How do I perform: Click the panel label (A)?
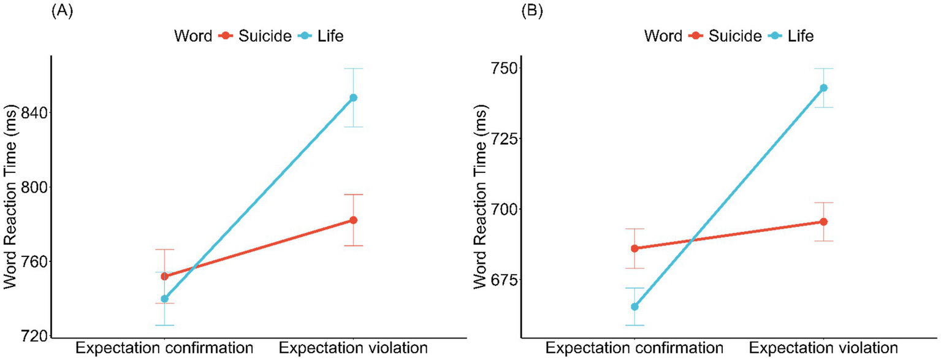(x=62, y=12)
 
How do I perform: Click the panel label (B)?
(x=532, y=12)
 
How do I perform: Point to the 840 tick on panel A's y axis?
(x=34, y=113)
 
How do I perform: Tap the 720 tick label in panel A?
(x=34, y=336)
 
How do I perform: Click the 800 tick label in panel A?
(x=34, y=187)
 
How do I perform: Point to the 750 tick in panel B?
(x=504, y=67)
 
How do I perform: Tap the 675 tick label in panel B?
(x=504, y=280)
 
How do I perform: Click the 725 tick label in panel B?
(x=504, y=138)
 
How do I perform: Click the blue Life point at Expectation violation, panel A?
(x=353, y=98)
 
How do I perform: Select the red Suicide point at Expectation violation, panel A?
(x=353, y=220)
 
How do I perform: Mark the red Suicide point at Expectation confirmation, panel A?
(x=164, y=277)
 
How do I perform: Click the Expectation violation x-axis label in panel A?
(x=353, y=348)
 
